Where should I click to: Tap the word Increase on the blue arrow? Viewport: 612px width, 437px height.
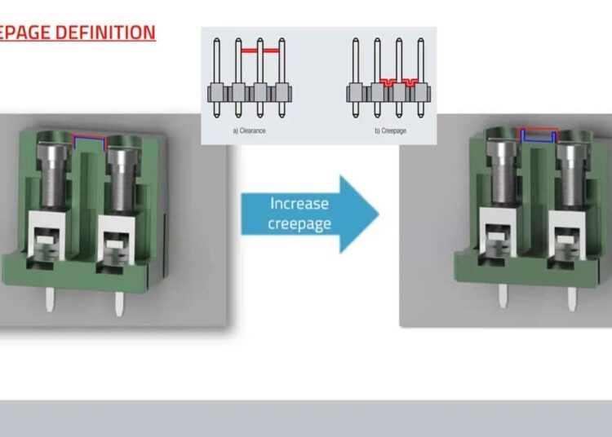coord(299,204)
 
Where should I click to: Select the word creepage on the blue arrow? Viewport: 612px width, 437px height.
coord(299,223)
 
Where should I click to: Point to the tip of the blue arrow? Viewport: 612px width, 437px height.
coord(377,214)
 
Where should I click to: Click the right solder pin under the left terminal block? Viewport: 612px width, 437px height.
coord(119,304)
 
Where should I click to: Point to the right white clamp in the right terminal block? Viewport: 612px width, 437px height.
coord(569,237)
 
